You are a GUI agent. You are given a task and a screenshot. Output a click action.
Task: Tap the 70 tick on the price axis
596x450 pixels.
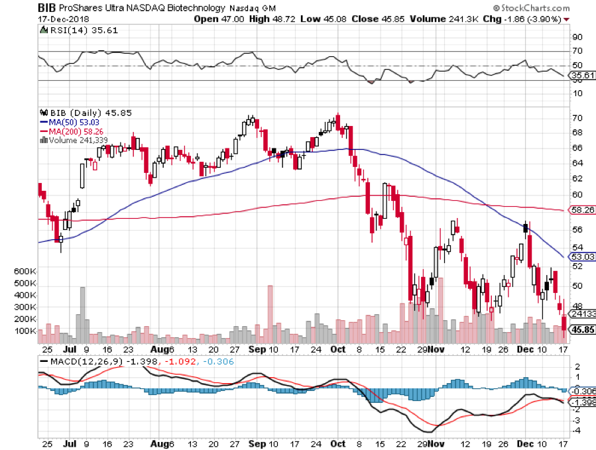pyautogui.click(x=577, y=118)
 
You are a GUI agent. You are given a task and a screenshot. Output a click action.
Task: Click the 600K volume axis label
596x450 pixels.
pyautogui.click(x=25, y=271)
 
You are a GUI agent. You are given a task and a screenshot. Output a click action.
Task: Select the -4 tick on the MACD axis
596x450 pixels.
pyautogui.click(x=576, y=431)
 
